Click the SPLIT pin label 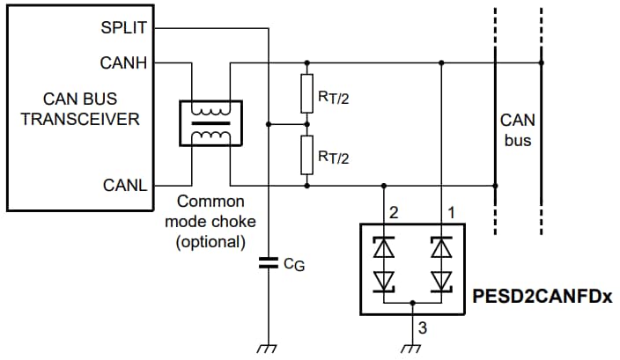125,28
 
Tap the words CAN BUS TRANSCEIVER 80,109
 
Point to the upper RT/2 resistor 306,94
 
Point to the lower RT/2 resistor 306,155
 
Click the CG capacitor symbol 266,261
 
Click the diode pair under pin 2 384,263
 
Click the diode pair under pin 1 440,263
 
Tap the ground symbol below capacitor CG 266,349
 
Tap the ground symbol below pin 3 411,349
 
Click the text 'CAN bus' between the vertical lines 518,129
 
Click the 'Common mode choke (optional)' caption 210,221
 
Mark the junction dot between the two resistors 306,124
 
